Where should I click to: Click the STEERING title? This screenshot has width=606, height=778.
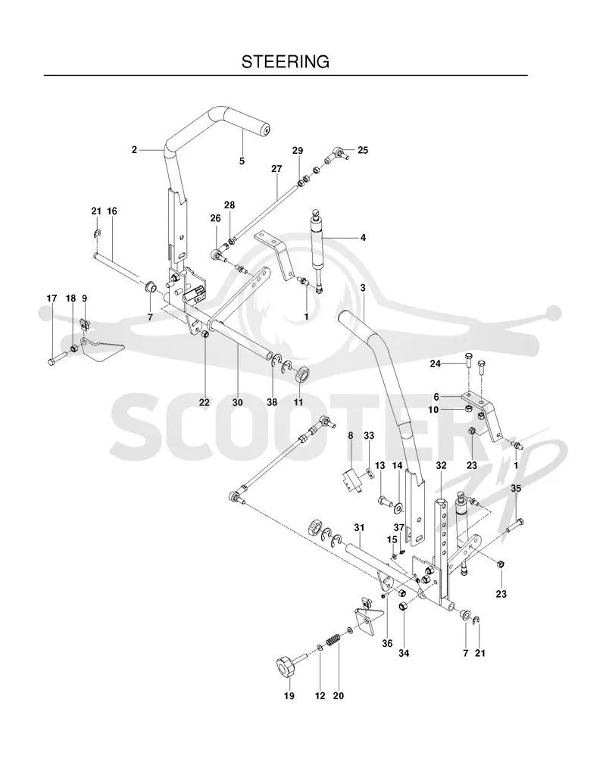point(286,61)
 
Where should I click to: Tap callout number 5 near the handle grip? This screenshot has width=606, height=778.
point(242,161)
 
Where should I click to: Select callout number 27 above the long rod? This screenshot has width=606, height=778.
point(276,169)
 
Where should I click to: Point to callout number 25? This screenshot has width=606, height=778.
point(363,150)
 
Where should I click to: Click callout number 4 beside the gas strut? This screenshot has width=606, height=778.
point(363,238)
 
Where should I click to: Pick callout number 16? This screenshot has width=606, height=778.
point(112,211)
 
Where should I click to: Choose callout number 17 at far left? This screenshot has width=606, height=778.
point(52,298)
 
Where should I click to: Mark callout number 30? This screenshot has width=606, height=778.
point(238,402)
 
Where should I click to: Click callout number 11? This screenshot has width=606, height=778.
point(298,402)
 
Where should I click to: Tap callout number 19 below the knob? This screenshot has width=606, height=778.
point(289,695)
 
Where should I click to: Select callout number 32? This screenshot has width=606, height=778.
point(441,465)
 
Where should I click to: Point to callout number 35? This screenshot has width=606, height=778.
point(516,488)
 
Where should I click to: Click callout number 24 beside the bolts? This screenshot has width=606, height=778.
point(436,364)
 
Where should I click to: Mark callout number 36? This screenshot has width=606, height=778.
point(387,644)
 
